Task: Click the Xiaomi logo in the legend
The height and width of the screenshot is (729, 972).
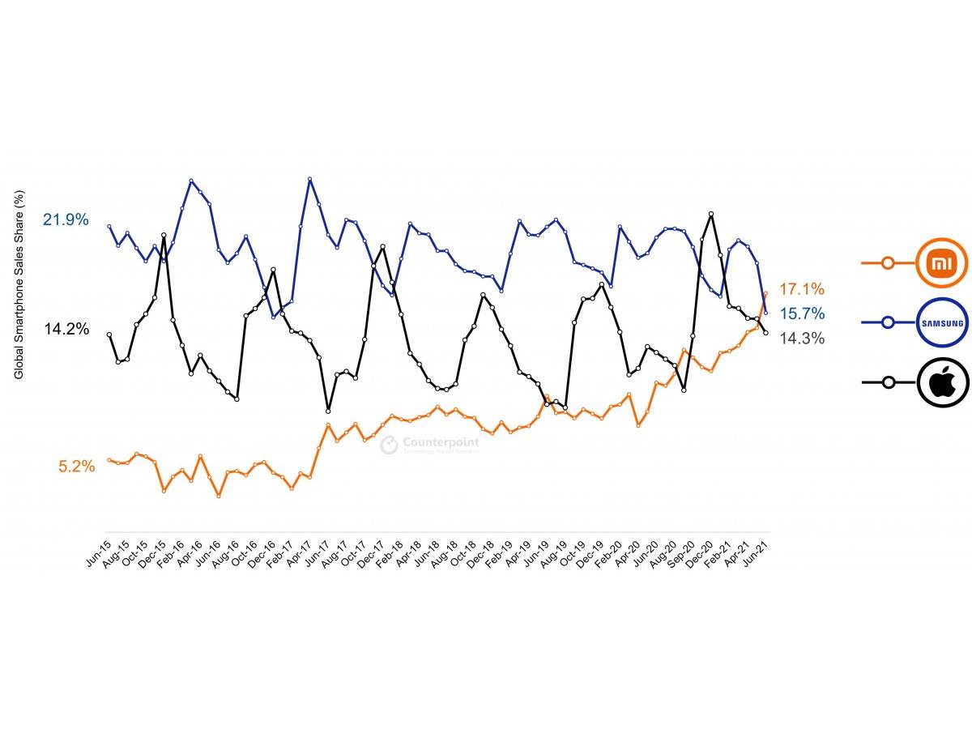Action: (x=942, y=262)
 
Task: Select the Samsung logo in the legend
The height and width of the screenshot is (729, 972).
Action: (x=942, y=322)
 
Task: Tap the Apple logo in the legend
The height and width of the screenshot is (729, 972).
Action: (x=942, y=382)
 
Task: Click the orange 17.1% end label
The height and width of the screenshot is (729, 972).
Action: (x=801, y=289)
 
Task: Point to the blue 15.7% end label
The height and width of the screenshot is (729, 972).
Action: (x=801, y=313)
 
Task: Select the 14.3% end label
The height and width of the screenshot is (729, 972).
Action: (x=801, y=339)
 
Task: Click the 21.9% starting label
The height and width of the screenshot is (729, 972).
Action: (x=66, y=220)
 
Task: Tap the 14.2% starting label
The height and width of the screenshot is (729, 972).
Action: (x=66, y=329)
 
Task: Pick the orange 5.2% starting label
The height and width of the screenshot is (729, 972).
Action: (x=76, y=467)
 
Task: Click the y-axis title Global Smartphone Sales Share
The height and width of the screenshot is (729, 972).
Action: (x=19, y=283)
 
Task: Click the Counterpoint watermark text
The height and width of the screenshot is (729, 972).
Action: (x=441, y=441)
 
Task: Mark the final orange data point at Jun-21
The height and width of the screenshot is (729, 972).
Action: (x=765, y=294)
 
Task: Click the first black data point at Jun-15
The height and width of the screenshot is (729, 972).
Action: (x=109, y=334)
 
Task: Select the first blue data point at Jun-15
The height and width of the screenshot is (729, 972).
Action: (x=109, y=226)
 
